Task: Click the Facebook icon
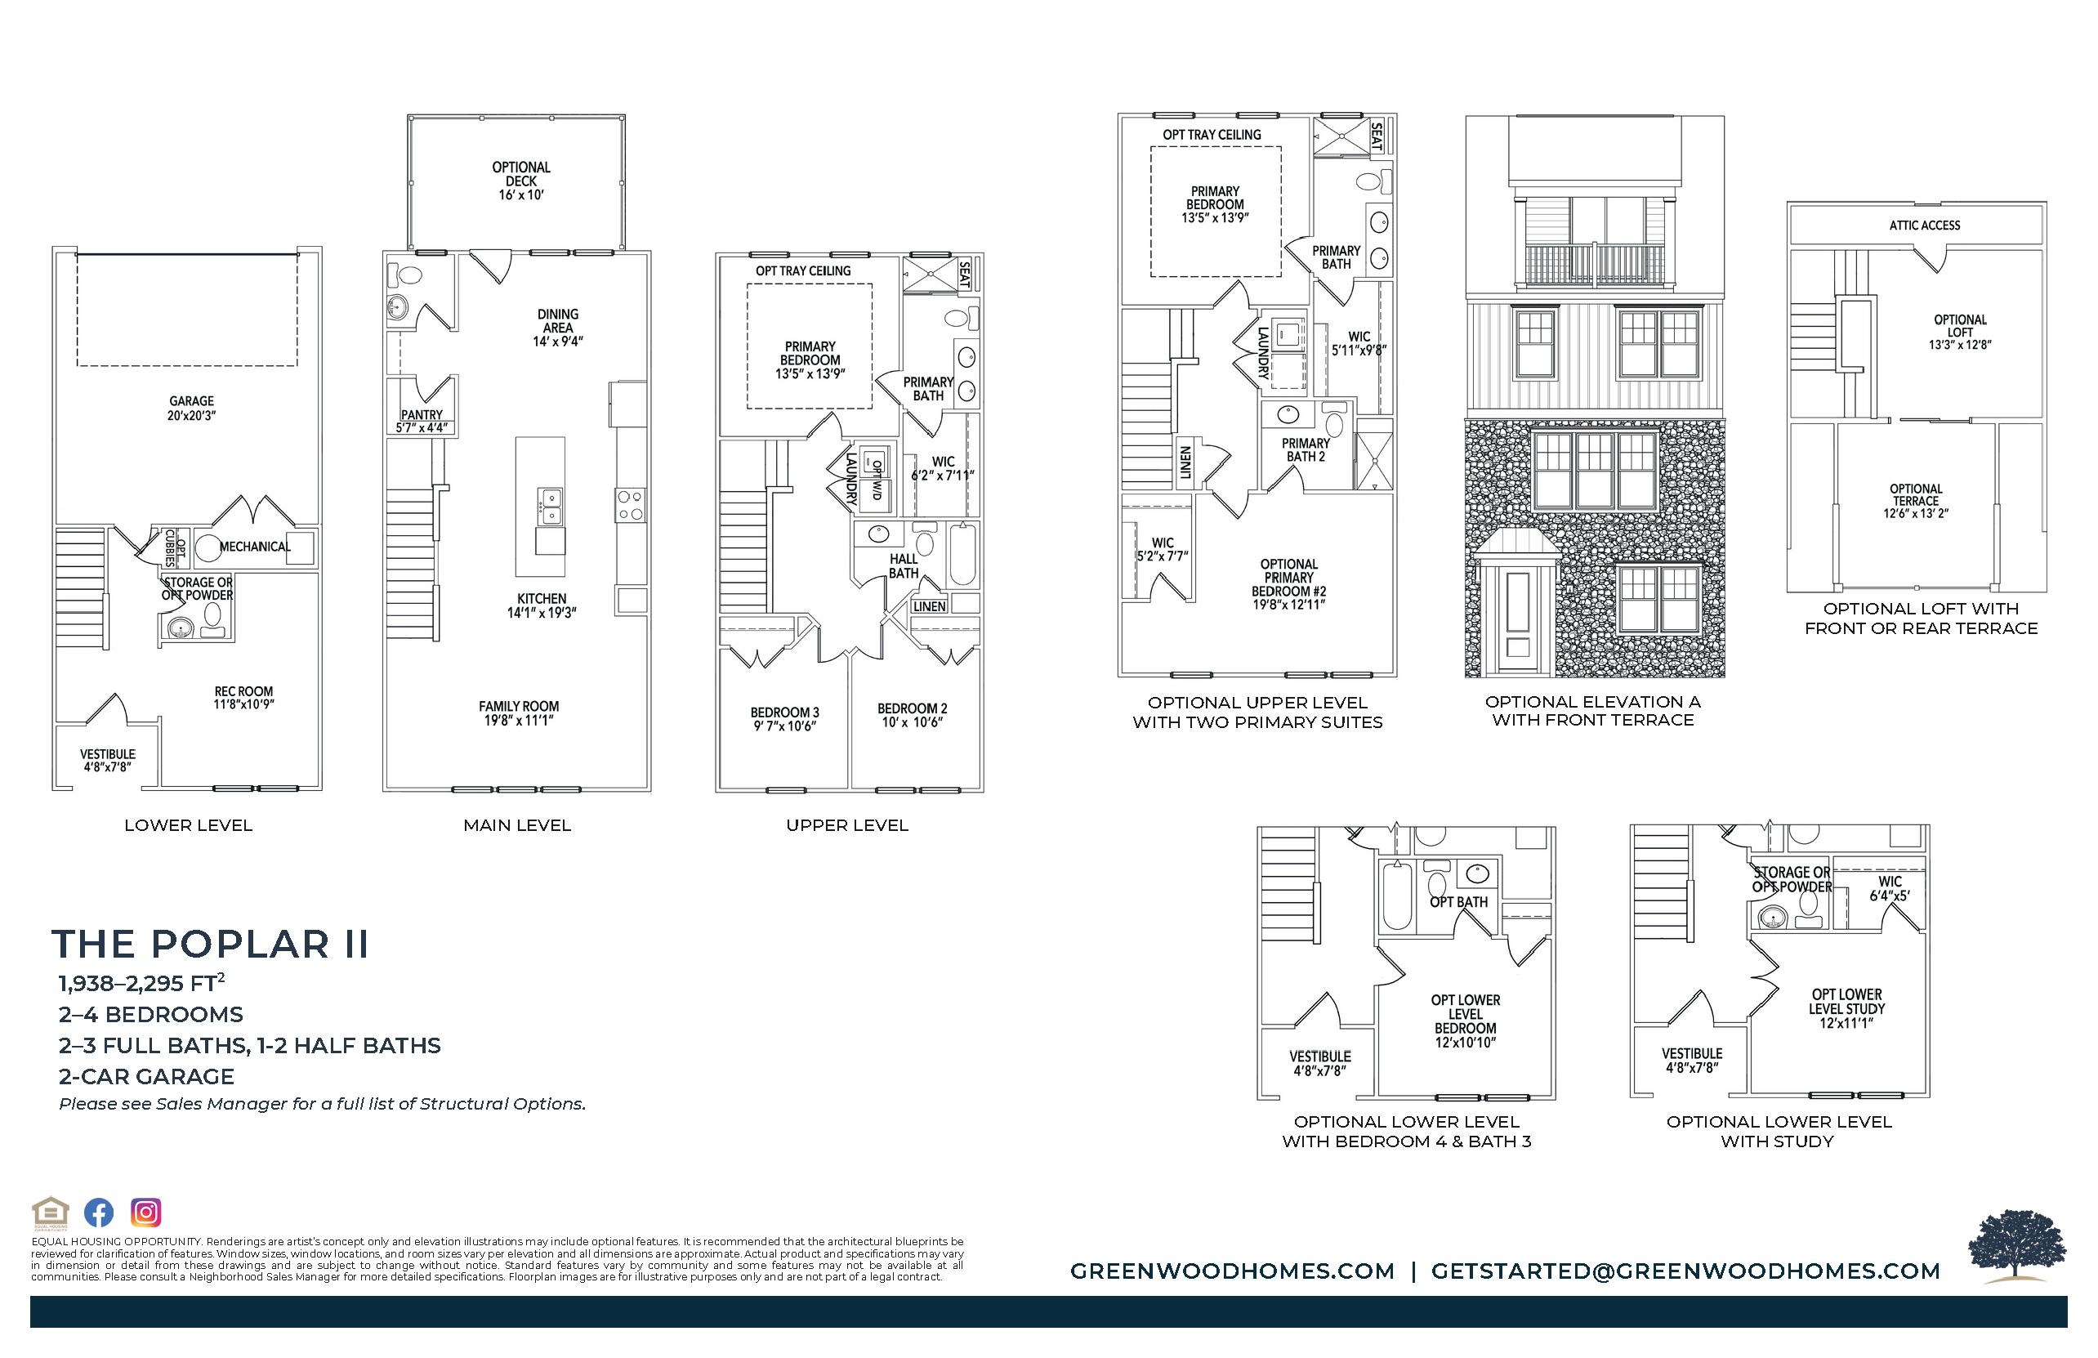(x=99, y=1213)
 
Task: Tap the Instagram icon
(x=145, y=1213)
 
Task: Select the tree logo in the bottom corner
(x=2018, y=1246)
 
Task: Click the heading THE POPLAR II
(x=210, y=944)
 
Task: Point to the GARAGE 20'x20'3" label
(x=191, y=409)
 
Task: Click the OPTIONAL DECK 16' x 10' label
(x=521, y=181)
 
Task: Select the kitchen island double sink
(x=549, y=506)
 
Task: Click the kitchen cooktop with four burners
(x=630, y=505)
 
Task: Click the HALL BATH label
(x=903, y=566)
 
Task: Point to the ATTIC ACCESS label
(x=1924, y=226)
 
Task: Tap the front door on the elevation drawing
(x=1518, y=614)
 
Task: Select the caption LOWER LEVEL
(x=188, y=825)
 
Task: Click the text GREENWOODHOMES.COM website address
(x=1232, y=1271)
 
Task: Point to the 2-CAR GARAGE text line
(x=146, y=1077)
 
